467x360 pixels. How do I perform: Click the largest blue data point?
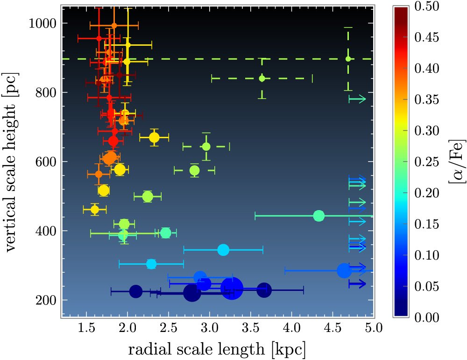(232, 289)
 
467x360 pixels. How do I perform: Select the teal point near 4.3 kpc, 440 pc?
(319, 216)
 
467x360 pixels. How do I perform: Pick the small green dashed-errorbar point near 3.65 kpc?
(262, 78)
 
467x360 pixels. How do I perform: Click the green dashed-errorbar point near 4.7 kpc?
(348, 59)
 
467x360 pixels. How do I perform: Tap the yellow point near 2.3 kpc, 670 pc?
(154, 137)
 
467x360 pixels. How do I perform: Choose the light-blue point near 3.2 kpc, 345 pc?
(223, 250)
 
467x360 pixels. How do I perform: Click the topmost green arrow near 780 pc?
(358, 99)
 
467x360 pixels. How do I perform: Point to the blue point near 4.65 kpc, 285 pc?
(344, 270)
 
